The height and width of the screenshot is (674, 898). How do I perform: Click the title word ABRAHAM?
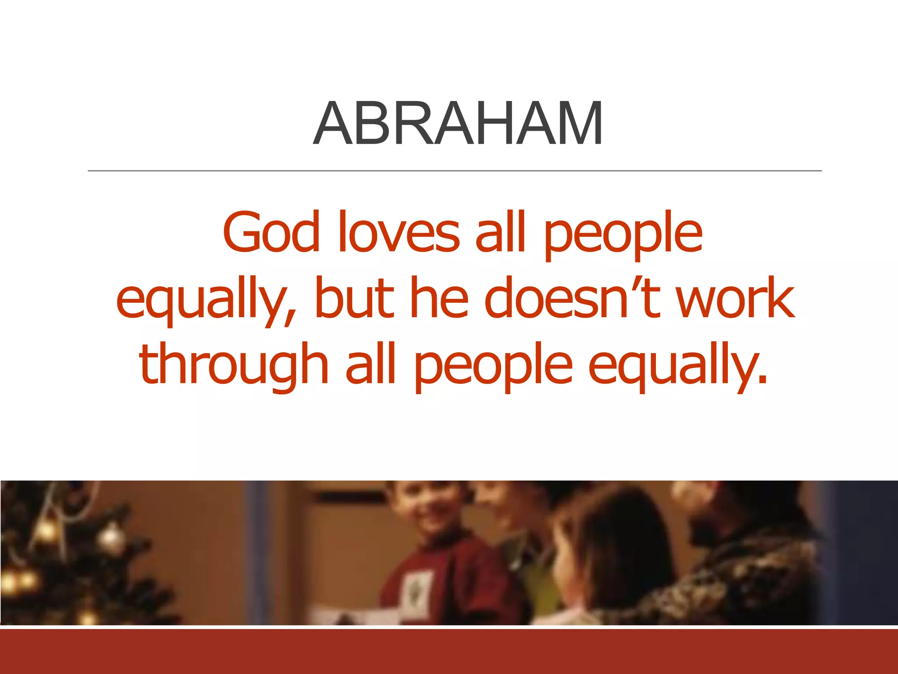457,123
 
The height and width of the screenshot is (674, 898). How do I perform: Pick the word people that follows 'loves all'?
623,235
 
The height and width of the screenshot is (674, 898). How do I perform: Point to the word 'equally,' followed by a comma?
206,301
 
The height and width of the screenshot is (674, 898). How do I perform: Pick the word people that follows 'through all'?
493,366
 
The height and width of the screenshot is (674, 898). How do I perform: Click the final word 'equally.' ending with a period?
677,366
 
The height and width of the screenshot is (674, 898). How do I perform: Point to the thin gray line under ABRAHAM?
454,171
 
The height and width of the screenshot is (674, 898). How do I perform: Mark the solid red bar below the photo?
449,652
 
